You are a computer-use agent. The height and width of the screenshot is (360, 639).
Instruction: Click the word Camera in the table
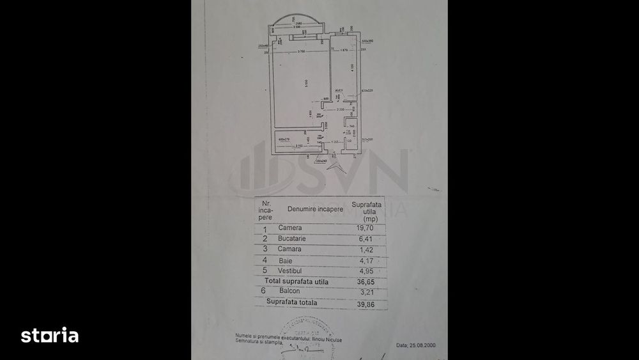[x=289, y=228]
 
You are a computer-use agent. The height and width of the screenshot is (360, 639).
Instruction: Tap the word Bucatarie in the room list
[x=292, y=238]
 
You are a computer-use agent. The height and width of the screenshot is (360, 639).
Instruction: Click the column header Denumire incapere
[x=315, y=208]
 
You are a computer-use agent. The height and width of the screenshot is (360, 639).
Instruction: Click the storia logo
[x=50, y=336]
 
